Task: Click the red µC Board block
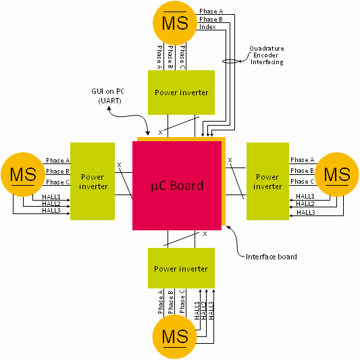(177, 185)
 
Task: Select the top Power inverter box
(181, 93)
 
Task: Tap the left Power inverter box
(93, 181)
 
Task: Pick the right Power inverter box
(267, 181)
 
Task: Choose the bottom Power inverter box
(181, 269)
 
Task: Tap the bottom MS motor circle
(175, 336)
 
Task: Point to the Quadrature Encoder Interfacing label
(265, 55)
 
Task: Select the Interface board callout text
(271, 257)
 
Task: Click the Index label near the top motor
(207, 27)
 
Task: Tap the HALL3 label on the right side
(305, 212)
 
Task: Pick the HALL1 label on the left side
(51, 197)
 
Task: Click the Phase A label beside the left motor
(57, 161)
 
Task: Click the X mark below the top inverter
(160, 132)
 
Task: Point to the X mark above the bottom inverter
(205, 234)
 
